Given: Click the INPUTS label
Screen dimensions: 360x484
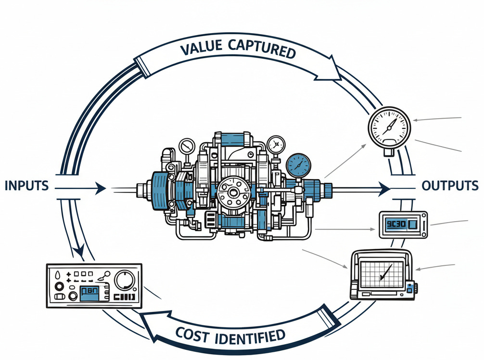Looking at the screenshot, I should click(26, 186).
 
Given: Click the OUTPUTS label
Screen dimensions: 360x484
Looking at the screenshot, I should click(450, 186).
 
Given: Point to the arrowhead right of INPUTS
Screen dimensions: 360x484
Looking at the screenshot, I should click(101, 188).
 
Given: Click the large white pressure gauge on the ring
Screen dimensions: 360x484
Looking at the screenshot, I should click(389, 128).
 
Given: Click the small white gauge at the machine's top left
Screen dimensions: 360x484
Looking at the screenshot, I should click(186, 145).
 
